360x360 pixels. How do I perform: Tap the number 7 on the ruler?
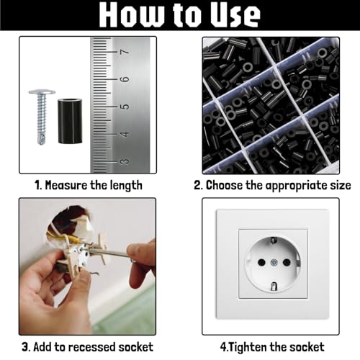point(125,52)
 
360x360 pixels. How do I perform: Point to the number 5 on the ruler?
point(125,107)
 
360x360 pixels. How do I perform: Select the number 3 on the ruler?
point(125,162)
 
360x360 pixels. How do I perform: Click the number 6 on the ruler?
point(125,79)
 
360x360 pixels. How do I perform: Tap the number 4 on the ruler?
point(125,134)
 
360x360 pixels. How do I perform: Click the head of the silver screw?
point(42,92)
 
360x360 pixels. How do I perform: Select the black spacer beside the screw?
point(70,121)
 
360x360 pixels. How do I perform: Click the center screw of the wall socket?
point(274,263)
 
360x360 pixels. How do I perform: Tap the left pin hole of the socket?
point(261,262)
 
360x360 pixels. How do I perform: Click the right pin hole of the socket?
point(287,262)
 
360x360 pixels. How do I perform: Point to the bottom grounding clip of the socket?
point(274,287)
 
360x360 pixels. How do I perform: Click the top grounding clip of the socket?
point(273,240)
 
